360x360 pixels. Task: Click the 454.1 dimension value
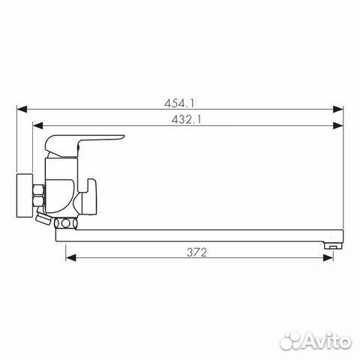pyautogui.click(x=179, y=103)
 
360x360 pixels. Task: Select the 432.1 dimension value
pyautogui.click(x=186, y=119)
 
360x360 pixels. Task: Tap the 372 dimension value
pyautogui.click(x=197, y=252)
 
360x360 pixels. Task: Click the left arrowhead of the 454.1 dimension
pyautogui.click(x=22, y=109)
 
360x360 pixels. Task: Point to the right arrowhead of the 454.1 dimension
pyautogui.click(x=338, y=109)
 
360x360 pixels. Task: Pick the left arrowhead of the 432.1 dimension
pyautogui.click(x=37, y=125)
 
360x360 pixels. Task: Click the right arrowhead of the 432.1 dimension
pyautogui.click(x=338, y=125)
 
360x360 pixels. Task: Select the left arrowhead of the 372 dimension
pyautogui.click(x=70, y=258)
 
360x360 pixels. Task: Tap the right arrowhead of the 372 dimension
pyautogui.click(x=328, y=258)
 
